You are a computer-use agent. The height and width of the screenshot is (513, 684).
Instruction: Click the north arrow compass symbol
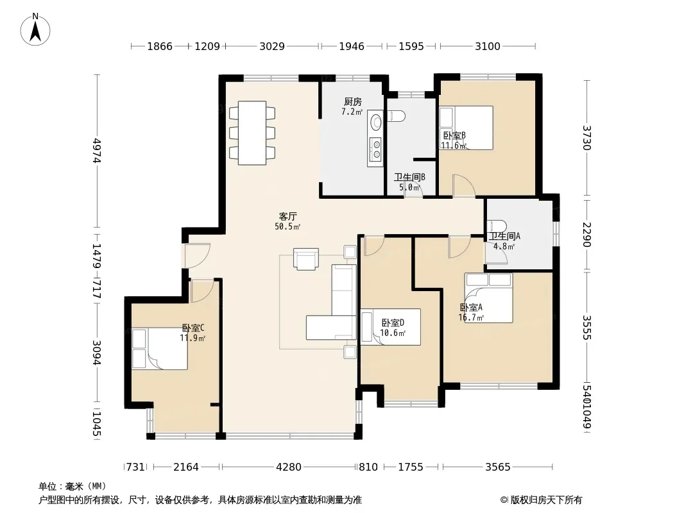[35, 29]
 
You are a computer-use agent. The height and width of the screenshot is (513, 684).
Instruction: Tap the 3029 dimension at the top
[272, 46]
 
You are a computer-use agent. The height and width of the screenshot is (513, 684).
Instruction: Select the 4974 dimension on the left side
[98, 150]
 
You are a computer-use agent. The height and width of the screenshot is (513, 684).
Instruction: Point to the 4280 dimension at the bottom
[288, 467]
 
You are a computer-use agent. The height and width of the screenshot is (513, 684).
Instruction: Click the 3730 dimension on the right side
[587, 138]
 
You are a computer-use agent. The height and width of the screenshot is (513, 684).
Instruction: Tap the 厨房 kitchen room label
[352, 101]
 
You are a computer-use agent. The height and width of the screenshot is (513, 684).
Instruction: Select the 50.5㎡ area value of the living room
[287, 226]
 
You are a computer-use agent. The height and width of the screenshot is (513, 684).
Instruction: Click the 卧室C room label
[193, 328]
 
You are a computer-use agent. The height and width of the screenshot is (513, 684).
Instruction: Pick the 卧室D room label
[393, 323]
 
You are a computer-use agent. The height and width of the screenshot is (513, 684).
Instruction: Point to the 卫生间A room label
[504, 236]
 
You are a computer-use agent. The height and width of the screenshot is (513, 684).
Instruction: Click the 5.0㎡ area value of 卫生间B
[410, 188]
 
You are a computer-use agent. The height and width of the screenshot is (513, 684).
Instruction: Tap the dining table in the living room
[252, 133]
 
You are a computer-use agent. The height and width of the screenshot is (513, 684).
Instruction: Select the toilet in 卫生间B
[396, 116]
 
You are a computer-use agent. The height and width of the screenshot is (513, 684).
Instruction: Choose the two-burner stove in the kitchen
[375, 149]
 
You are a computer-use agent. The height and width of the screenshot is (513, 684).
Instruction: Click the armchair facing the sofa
[306, 259]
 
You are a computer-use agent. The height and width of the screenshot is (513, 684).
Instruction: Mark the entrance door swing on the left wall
[197, 256]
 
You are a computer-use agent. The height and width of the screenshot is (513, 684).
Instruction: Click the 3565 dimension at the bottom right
[498, 467]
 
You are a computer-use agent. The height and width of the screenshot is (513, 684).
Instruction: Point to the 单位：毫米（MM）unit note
[73, 487]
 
